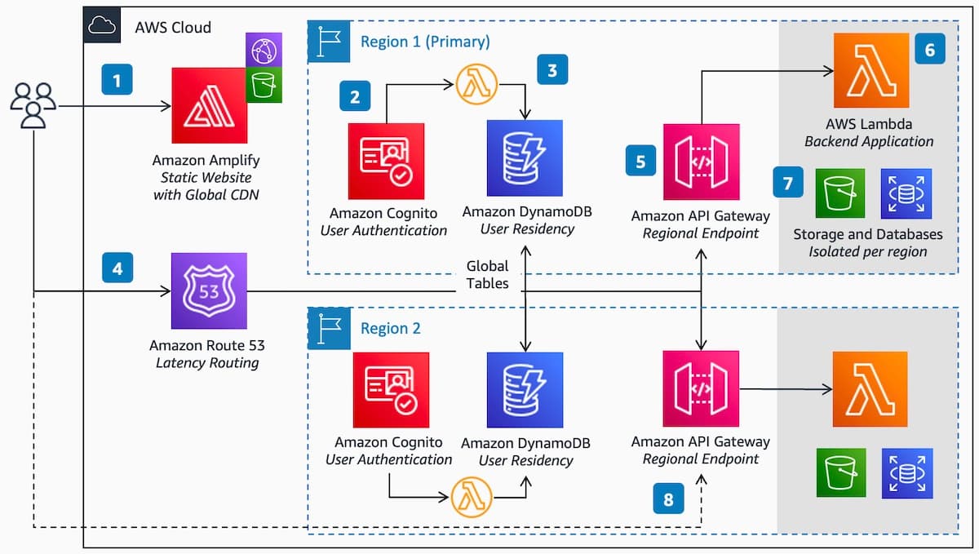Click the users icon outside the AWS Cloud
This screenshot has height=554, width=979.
click(33, 105)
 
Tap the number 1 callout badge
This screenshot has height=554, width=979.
click(117, 81)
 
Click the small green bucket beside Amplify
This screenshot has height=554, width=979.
click(264, 85)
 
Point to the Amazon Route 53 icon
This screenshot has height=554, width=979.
click(209, 290)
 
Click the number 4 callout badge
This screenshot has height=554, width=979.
click(117, 268)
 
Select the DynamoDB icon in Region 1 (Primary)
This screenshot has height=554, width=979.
click(525, 158)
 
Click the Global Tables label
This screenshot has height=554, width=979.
click(487, 274)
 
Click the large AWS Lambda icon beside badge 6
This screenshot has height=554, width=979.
click(870, 70)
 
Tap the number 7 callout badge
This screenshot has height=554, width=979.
click(787, 184)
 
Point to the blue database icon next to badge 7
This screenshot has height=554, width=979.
click(906, 194)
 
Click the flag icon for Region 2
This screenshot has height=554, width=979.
click(328, 328)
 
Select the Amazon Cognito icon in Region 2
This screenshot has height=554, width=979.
click(386, 390)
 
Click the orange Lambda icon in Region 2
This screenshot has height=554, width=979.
click(870, 388)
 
